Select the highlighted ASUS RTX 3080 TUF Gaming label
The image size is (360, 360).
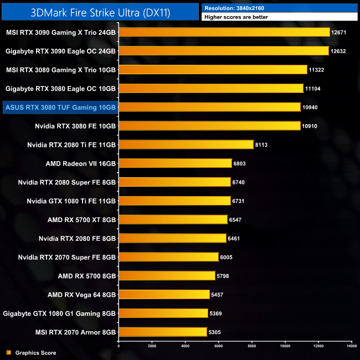point(60,107)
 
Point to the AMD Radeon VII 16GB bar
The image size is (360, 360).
point(175,163)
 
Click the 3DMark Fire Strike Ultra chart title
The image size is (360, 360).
point(100,11)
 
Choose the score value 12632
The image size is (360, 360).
point(338,51)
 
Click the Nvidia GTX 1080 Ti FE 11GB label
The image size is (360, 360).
point(71,200)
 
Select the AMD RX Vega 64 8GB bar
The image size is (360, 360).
point(164,295)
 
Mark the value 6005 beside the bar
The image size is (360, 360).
point(227,257)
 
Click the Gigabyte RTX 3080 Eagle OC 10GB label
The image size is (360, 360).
point(60,88)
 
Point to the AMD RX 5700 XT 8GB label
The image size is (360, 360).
point(82,219)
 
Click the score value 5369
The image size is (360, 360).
point(217,313)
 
